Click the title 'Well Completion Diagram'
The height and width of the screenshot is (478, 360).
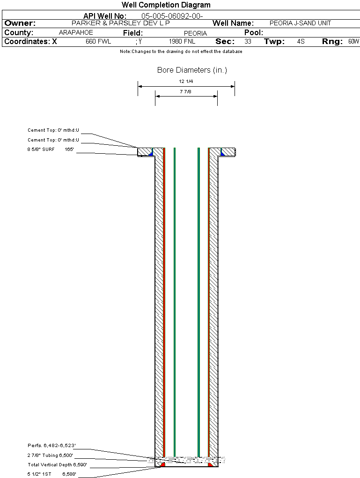[166, 5]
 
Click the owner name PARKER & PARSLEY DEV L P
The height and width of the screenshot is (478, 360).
[120, 23]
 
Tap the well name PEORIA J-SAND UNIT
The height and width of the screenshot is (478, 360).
[300, 23]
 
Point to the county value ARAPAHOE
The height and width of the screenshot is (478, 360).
[76, 33]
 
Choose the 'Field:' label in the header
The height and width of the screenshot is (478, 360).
[133, 33]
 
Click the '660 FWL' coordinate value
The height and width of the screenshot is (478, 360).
[98, 42]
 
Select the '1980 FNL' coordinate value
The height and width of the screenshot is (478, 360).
[182, 42]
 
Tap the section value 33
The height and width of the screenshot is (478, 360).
[248, 42]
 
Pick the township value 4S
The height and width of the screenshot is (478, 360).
[301, 42]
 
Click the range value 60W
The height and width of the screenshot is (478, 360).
[353, 42]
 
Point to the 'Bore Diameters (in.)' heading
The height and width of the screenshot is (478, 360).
[192, 70]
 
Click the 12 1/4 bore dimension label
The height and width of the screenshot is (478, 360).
[186, 82]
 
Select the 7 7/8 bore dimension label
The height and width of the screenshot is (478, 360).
[186, 92]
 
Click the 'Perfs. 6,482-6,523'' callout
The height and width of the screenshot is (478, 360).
[51, 445]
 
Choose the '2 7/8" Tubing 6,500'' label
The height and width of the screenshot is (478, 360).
[50, 455]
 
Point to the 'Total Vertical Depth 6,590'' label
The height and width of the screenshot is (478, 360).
[57, 465]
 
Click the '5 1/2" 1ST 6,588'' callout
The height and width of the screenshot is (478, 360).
[51, 474]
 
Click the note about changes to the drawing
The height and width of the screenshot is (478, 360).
[181, 52]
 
